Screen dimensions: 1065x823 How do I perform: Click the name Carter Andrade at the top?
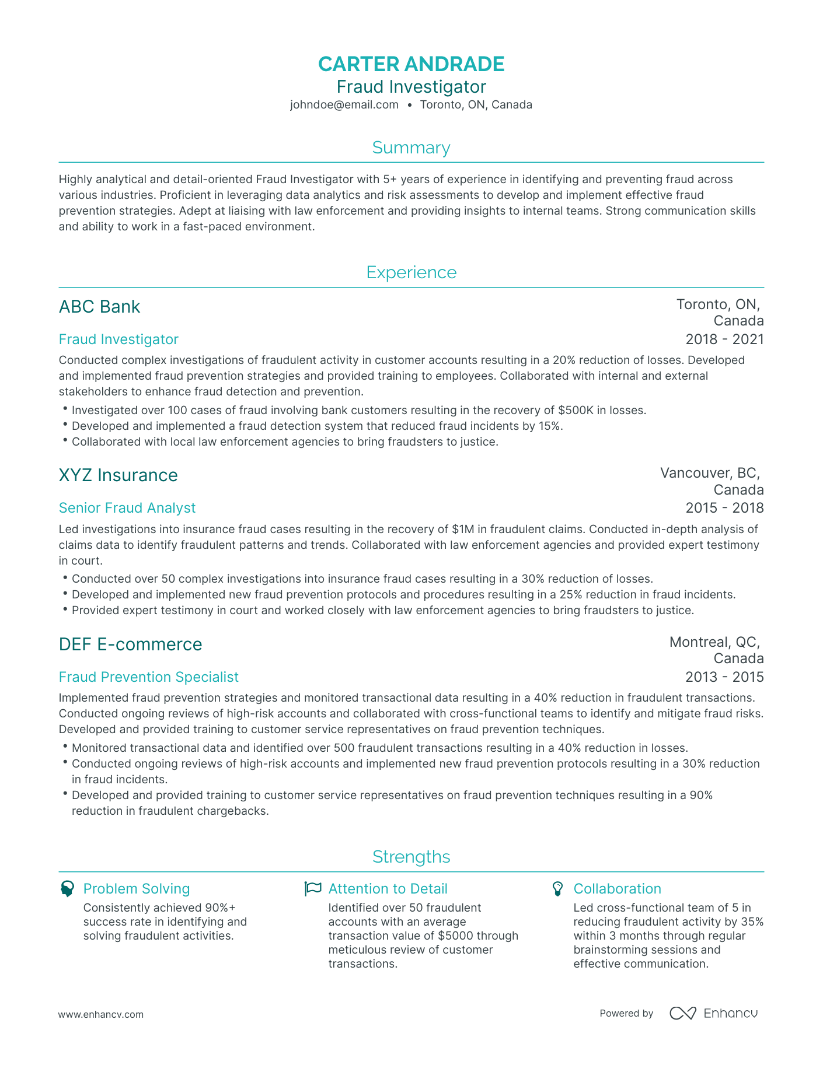point(411,64)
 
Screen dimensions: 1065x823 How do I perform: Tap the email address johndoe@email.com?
point(344,105)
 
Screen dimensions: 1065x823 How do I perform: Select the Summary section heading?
point(411,148)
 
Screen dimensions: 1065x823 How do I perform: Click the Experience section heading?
point(411,272)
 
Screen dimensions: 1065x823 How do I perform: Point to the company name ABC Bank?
point(100,307)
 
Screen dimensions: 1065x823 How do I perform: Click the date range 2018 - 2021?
point(724,339)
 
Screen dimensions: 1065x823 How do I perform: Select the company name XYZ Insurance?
point(118,475)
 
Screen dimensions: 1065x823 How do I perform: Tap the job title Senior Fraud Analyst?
point(127,508)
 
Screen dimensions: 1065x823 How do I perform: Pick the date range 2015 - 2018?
point(724,508)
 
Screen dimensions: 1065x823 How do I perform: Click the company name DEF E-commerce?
point(131,644)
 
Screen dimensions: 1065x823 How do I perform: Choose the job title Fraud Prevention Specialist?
point(149,677)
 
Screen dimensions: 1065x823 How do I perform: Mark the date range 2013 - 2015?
point(724,677)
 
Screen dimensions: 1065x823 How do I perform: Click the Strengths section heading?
point(411,857)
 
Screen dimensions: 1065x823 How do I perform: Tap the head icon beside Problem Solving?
point(68,889)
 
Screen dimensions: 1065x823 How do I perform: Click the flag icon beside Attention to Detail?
point(313,889)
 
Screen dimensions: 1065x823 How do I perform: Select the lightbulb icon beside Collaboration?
point(558,889)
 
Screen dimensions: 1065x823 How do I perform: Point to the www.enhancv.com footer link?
point(101,1014)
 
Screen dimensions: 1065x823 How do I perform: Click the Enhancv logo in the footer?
point(713,1014)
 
